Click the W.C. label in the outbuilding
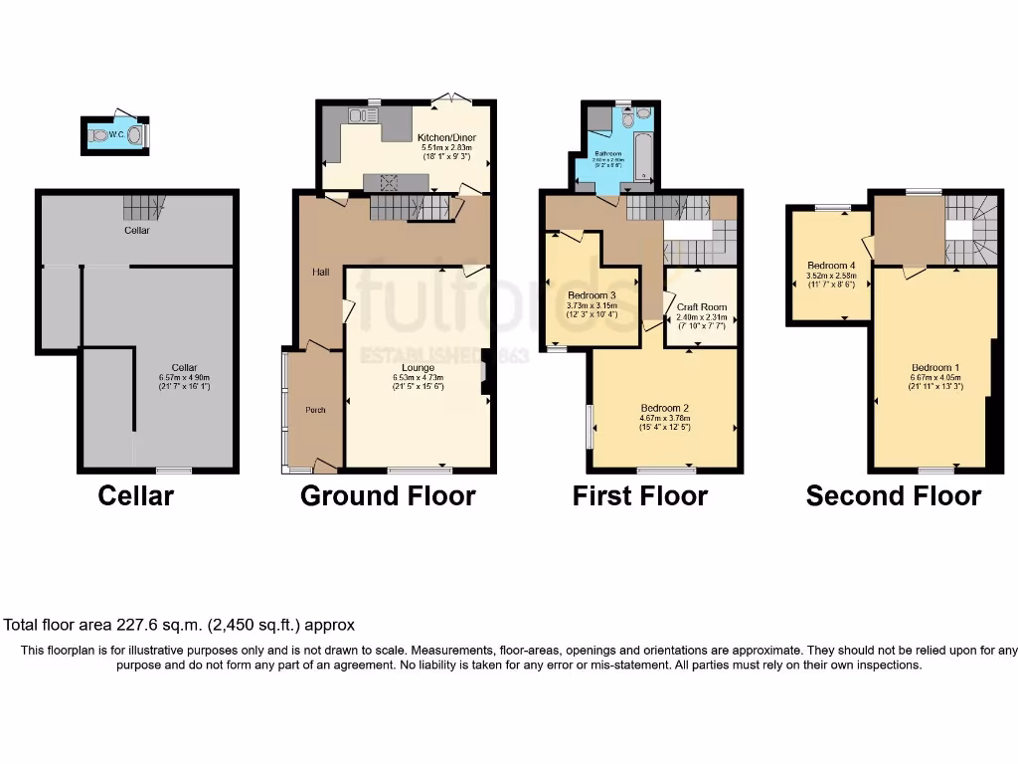click(x=116, y=133)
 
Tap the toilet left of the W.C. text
click(x=97, y=134)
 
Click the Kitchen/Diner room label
click(x=446, y=137)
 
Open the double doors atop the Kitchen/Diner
click(x=455, y=98)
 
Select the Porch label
click(x=315, y=409)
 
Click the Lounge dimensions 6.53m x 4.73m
click(x=417, y=378)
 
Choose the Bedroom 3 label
click(x=592, y=295)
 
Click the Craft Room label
click(x=701, y=307)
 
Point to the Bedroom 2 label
click(x=665, y=408)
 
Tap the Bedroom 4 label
click(x=830, y=266)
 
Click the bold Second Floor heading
click(x=893, y=495)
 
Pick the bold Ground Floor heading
click(x=388, y=495)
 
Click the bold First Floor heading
click(x=639, y=495)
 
